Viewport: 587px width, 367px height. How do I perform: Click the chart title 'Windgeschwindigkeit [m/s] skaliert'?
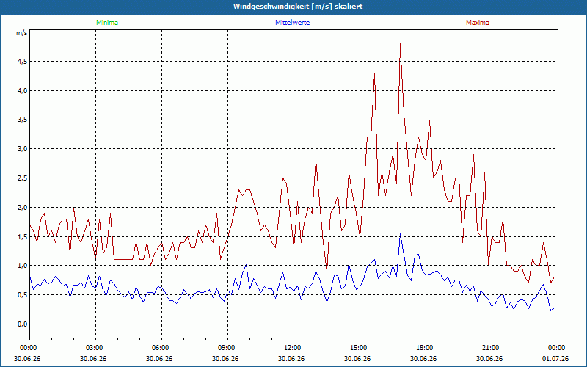(x=298, y=7)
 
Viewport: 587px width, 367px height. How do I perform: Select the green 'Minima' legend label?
(x=107, y=23)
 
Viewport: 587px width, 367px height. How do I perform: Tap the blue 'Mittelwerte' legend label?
(x=292, y=23)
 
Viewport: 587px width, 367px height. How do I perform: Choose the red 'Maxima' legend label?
(x=478, y=23)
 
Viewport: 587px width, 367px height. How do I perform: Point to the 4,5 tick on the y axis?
(x=23, y=62)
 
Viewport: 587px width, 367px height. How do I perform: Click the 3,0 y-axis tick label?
(x=23, y=149)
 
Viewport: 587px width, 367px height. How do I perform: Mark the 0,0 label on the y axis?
(x=23, y=324)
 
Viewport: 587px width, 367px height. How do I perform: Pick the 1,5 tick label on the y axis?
(x=23, y=236)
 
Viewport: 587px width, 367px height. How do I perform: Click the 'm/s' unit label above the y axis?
(x=22, y=33)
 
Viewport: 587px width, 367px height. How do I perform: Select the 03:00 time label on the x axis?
(x=95, y=348)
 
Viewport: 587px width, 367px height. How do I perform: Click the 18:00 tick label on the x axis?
(x=426, y=348)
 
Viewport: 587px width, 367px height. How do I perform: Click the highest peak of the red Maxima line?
(x=400, y=44)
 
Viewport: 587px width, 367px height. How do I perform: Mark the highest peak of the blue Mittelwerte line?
(x=400, y=233)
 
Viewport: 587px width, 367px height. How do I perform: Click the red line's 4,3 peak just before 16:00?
(x=374, y=73)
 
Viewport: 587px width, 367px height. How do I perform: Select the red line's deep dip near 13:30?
(x=327, y=271)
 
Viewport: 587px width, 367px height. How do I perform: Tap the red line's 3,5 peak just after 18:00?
(x=430, y=120)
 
